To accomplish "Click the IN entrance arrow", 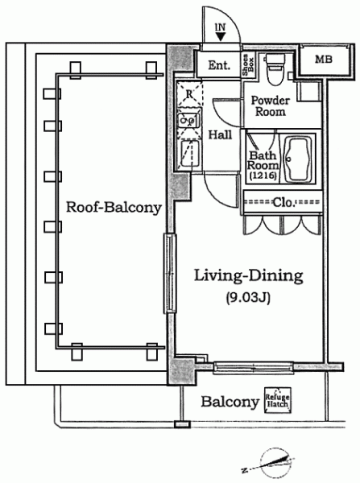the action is (x=221, y=37).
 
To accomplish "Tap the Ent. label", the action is (x=219, y=65).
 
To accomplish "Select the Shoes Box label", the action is (x=248, y=65).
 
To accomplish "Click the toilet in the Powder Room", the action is (x=275, y=69).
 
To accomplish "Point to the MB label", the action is (x=324, y=59).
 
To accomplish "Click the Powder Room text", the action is (x=271, y=105).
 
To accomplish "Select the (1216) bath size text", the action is (x=263, y=175).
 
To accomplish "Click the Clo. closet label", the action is (x=283, y=202).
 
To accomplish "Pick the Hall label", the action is (x=221, y=134).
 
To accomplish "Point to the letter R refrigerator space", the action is (x=189, y=94).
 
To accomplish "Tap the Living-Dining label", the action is (x=248, y=276).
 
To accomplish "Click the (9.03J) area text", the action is (x=248, y=298).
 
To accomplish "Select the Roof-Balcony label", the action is (x=114, y=207).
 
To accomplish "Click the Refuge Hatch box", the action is (x=277, y=400).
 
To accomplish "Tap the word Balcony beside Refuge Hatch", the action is (x=230, y=402).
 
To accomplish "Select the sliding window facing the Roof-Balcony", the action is (x=170, y=274).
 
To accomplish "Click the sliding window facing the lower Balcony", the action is (x=254, y=368).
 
